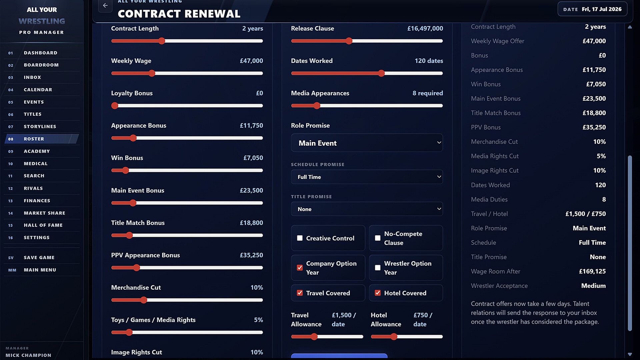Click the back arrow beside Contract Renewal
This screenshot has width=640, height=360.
(x=105, y=5)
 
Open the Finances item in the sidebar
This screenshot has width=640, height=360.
(x=37, y=201)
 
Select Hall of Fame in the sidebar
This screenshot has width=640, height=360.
(x=43, y=225)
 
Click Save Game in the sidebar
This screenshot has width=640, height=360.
(x=39, y=258)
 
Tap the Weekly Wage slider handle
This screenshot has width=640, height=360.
(x=152, y=73)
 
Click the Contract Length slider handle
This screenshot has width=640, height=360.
(x=162, y=41)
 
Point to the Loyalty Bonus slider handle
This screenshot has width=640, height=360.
(x=115, y=106)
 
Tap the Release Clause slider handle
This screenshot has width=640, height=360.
(x=349, y=41)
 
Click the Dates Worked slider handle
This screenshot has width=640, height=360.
(x=381, y=73)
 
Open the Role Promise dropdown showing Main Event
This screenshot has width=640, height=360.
(x=367, y=143)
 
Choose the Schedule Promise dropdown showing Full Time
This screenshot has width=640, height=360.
(x=367, y=177)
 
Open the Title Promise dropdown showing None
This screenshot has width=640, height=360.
(x=367, y=209)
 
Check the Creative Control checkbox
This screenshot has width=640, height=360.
(x=300, y=238)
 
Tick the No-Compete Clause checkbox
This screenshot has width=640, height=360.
(x=378, y=238)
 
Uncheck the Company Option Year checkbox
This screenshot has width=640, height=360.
(x=300, y=268)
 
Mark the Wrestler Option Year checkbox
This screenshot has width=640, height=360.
(x=378, y=268)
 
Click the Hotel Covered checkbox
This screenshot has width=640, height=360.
(x=378, y=293)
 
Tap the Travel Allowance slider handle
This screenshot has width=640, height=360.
(x=314, y=337)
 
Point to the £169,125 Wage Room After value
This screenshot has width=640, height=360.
(x=592, y=271)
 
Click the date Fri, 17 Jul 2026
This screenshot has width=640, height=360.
(x=602, y=9)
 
